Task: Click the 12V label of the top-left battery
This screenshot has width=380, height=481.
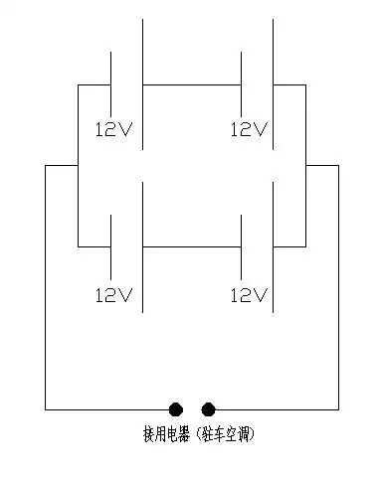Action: click(x=112, y=129)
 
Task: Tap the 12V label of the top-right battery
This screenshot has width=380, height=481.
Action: click(x=249, y=129)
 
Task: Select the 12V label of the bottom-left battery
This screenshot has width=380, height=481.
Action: click(x=112, y=295)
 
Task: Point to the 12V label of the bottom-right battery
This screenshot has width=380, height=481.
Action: click(x=249, y=295)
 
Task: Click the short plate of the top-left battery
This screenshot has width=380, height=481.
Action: click(x=109, y=84)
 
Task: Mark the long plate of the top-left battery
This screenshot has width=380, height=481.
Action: click(x=142, y=70)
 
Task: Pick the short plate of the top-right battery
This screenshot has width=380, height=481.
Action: click(x=242, y=84)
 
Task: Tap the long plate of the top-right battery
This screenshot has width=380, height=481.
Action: click(x=274, y=70)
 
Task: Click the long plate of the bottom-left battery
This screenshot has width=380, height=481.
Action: click(x=142, y=239)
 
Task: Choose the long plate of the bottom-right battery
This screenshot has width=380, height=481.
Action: click(x=274, y=239)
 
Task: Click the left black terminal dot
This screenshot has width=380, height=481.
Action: click(x=176, y=408)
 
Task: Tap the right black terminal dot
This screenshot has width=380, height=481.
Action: click(x=208, y=408)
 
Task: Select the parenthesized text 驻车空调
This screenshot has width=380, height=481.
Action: click(x=234, y=435)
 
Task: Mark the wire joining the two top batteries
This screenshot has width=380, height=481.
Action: click(x=192, y=84)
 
